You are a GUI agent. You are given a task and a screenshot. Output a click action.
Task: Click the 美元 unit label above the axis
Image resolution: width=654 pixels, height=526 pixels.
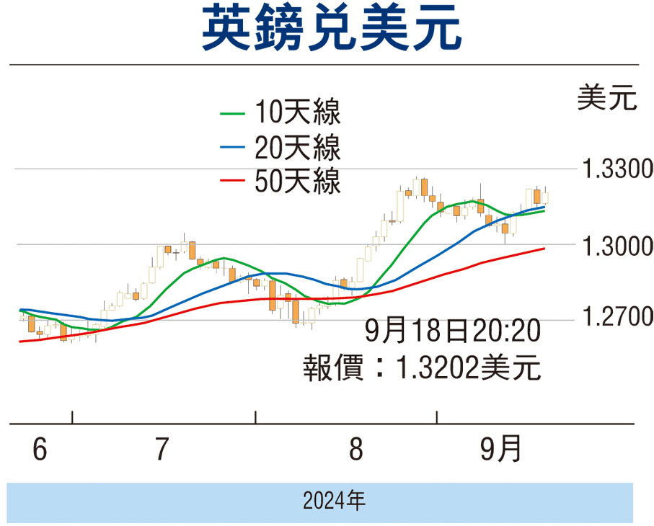point(607,98)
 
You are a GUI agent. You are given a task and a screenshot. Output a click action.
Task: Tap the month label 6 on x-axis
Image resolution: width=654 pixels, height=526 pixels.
point(40,450)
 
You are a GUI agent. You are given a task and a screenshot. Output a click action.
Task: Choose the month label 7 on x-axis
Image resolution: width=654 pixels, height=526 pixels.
point(162,450)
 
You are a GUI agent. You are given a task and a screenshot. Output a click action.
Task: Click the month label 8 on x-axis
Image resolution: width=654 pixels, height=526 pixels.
point(355,450)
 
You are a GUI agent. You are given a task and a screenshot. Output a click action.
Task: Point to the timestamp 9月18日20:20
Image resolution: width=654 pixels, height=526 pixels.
point(453,334)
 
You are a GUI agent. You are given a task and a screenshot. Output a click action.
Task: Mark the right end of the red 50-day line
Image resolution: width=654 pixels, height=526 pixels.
point(544,249)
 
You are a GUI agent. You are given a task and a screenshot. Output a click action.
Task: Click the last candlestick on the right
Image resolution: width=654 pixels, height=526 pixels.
point(545,197)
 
